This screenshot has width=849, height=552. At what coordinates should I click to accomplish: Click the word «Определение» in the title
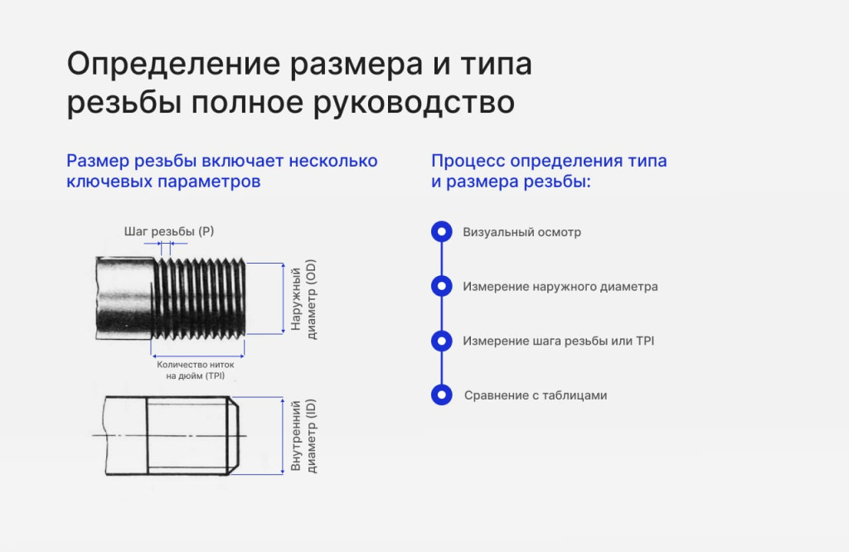(174, 65)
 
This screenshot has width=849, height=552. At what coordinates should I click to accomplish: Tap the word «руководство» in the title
(414, 102)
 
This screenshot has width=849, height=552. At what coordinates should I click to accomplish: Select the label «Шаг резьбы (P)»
(169, 231)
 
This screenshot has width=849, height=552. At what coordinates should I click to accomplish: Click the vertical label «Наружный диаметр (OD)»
(303, 298)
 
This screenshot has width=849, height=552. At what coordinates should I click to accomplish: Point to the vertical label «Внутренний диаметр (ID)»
(303, 436)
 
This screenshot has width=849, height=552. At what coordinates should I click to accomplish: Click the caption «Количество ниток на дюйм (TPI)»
(196, 370)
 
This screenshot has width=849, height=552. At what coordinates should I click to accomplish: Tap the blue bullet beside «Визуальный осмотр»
(442, 231)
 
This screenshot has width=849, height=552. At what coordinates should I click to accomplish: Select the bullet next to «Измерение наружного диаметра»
(442, 286)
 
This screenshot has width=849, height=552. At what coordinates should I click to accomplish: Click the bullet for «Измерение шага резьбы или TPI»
(442, 341)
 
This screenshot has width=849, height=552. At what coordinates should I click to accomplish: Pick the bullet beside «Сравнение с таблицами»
(442, 395)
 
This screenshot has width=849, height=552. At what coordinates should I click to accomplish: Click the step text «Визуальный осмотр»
(522, 232)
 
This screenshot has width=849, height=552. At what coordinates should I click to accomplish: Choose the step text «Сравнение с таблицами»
(536, 395)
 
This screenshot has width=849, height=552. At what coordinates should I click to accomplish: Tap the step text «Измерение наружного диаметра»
(560, 287)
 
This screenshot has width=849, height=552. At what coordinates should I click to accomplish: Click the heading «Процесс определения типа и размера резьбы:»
(549, 171)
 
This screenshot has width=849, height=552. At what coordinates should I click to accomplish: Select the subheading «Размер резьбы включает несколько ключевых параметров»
(222, 171)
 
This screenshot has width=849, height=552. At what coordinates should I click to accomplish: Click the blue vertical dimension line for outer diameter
(283, 298)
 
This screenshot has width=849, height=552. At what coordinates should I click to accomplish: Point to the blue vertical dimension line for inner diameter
(283, 436)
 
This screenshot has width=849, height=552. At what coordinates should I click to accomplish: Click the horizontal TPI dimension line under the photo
(197, 356)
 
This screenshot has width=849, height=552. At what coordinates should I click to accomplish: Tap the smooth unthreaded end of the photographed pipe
(124, 298)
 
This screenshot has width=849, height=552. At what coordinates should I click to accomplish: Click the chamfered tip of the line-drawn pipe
(234, 436)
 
